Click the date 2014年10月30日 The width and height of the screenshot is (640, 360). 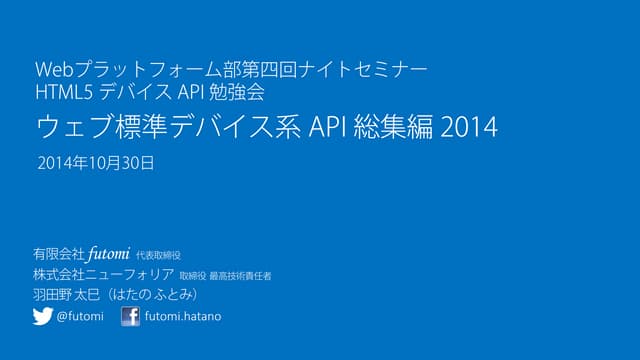[95, 161]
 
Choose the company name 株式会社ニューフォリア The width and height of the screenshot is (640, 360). [104, 275]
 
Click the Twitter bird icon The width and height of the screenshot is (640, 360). [42, 317]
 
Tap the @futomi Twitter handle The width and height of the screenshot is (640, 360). [80, 317]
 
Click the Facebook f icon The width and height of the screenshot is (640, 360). [130, 317]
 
